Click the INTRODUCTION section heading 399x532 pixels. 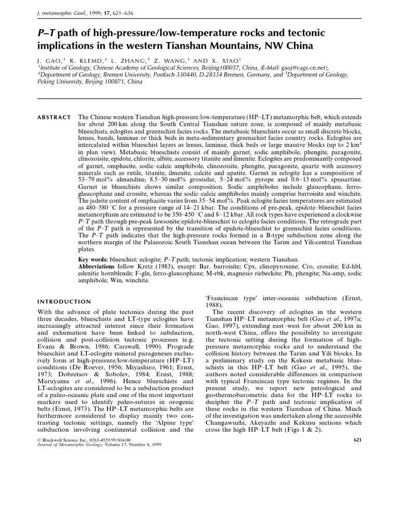coord(64,301)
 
